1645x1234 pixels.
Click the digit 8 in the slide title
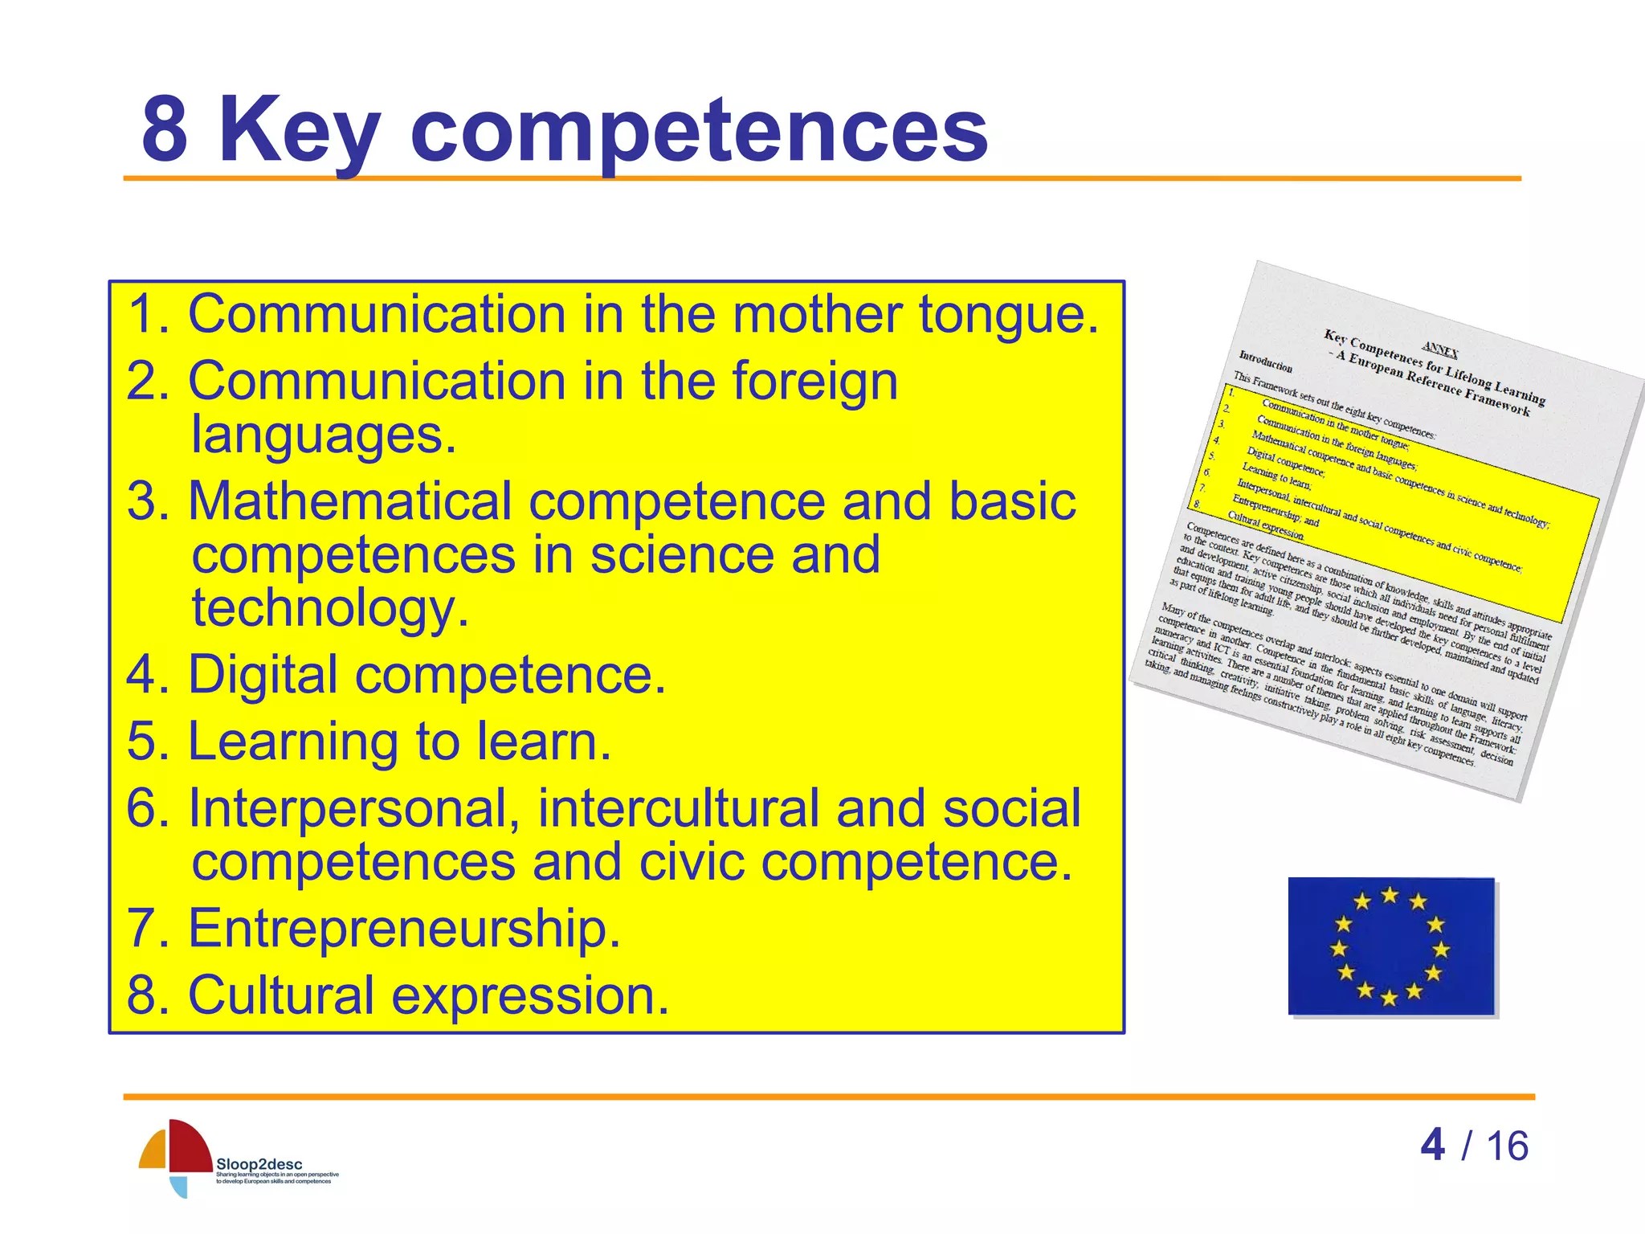click(x=165, y=129)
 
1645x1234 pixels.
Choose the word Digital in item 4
click(x=263, y=674)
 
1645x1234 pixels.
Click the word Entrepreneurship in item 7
click(x=403, y=928)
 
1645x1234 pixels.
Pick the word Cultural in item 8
click(x=280, y=995)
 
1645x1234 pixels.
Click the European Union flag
click(x=1390, y=946)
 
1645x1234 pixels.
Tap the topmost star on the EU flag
click(x=1390, y=895)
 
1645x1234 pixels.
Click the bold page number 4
click(x=1432, y=1145)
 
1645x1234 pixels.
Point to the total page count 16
click(x=1507, y=1146)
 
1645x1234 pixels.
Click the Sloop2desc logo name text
click(x=259, y=1164)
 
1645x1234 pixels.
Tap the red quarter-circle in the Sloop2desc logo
click(x=190, y=1146)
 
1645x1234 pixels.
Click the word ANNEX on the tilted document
click(x=1439, y=349)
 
